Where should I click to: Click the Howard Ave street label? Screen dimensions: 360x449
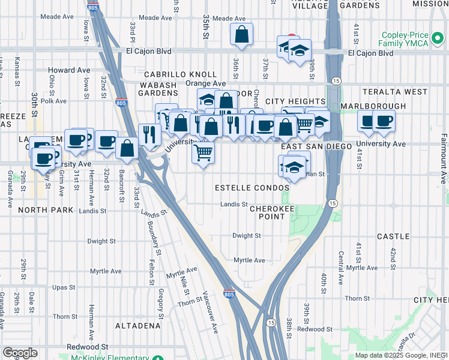(x=69, y=70)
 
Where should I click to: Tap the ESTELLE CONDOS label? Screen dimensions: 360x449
(x=252, y=188)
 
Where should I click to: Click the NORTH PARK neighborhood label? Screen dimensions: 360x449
(x=45, y=210)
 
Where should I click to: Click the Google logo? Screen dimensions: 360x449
(x=20, y=353)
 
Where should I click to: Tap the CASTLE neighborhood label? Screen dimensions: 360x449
(x=393, y=237)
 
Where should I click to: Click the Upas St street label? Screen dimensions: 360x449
(x=62, y=287)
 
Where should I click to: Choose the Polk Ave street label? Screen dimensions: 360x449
(x=54, y=101)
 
